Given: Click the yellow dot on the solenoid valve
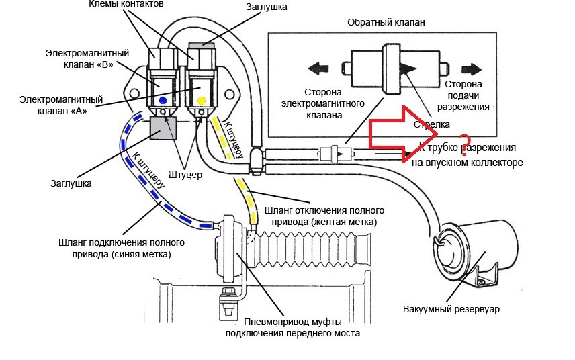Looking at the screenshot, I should [x=202, y=101].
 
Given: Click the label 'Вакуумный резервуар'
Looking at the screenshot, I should [x=452, y=309].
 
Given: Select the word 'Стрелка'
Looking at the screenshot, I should [x=433, y=124].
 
